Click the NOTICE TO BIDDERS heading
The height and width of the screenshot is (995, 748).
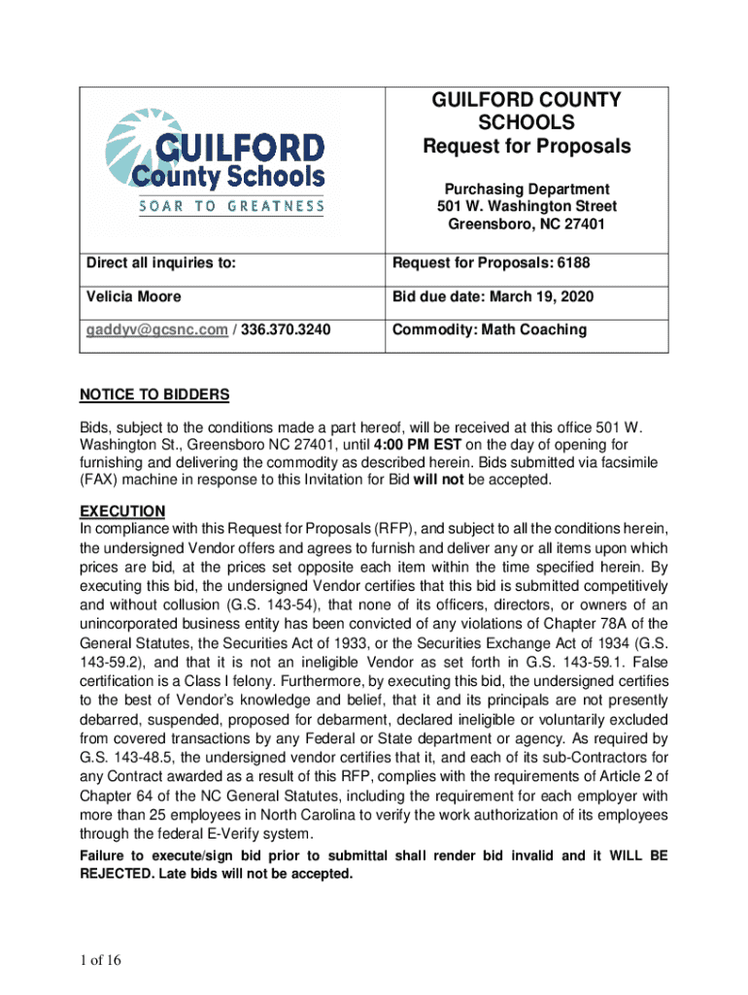point(154,395)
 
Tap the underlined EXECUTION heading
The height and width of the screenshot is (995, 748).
point(122,511)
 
